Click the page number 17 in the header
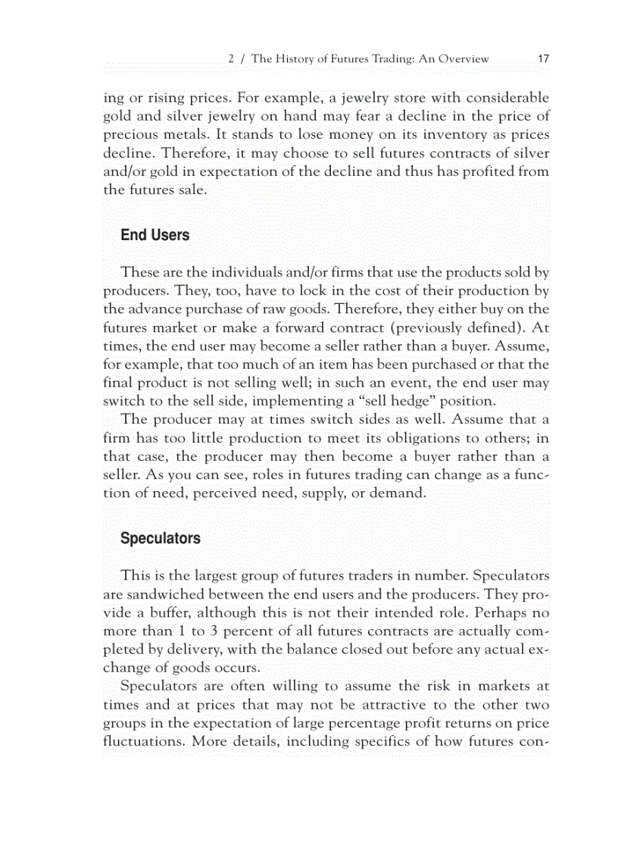click(x=543, y=58)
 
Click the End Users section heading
click(x=154, y=235)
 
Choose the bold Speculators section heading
click(x=160, y=539)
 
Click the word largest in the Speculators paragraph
click(x=205, y=575)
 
